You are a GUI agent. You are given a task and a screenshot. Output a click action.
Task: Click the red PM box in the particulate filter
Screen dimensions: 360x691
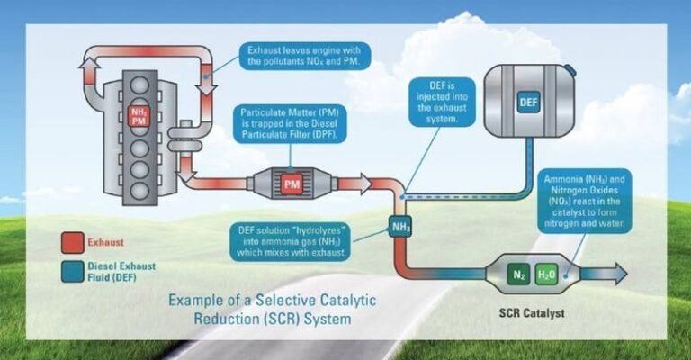[x=291, y=184]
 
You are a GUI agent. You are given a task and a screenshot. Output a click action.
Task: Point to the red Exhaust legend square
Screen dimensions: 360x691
[x=72, y=242]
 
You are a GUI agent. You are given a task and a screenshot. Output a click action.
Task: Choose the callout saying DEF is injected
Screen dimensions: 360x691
[x=438, y=100]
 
